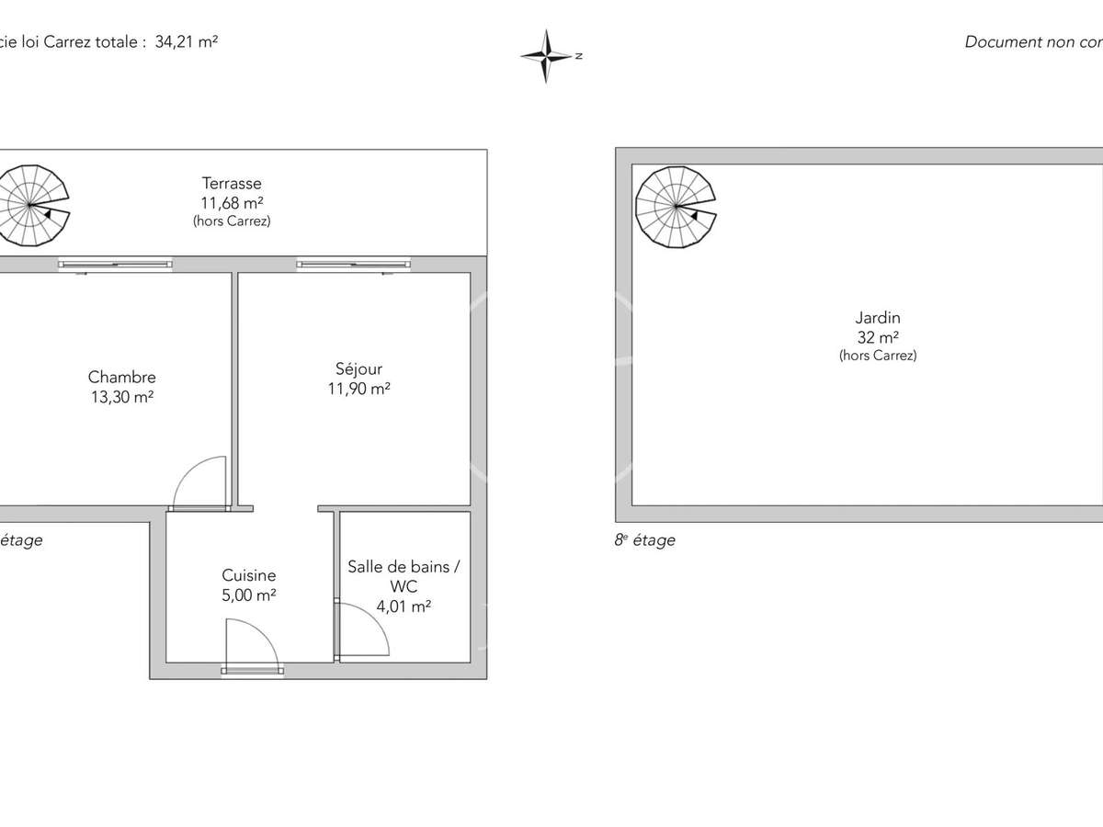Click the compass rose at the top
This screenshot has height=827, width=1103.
548,56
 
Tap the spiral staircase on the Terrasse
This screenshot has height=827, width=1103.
33,206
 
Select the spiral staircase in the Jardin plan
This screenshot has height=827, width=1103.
677,208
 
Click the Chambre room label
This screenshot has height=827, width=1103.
121,377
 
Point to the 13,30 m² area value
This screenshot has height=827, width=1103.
121,398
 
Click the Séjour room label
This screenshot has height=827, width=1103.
358,368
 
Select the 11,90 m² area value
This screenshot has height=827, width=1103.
358,389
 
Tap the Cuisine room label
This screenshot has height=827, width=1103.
248,575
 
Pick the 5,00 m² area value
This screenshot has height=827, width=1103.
248,595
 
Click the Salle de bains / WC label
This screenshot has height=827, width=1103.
404,576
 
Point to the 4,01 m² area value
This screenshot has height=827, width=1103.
404,606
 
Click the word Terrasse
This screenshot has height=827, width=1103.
232,184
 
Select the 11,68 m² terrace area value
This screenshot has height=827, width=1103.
232,203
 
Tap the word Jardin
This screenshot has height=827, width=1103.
877,318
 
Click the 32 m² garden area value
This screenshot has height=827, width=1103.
877,337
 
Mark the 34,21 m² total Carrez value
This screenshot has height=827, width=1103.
187,41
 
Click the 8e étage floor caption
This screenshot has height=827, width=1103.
644,540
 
